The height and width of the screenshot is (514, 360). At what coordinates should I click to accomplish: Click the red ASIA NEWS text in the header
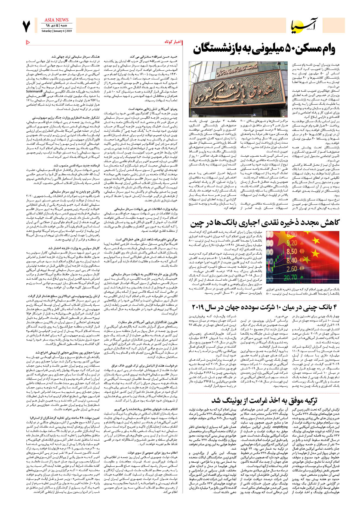pyautogui.click(x=56, y=20)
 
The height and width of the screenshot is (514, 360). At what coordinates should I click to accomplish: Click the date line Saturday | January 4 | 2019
pyautogui.click(x=56, y=31)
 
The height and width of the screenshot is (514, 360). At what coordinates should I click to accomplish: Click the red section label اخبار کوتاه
pyautogui.click(x=173, y=42)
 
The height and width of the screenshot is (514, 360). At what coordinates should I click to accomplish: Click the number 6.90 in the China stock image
pyautogui.click(x=291, y=234)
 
